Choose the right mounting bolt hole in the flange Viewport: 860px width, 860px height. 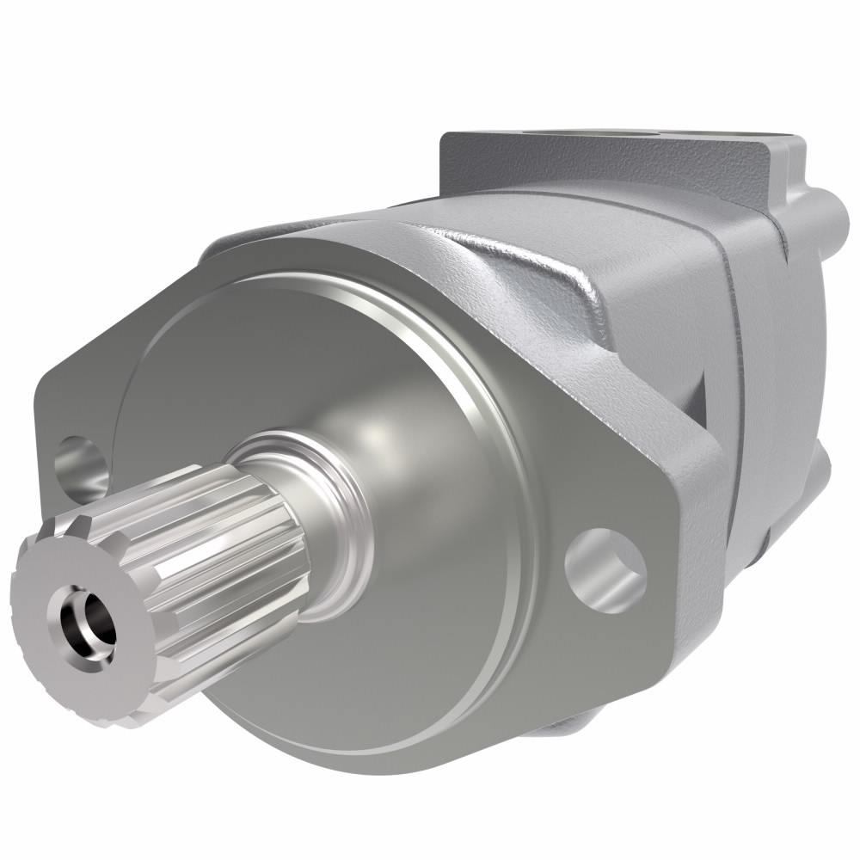[x=606, y=563]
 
